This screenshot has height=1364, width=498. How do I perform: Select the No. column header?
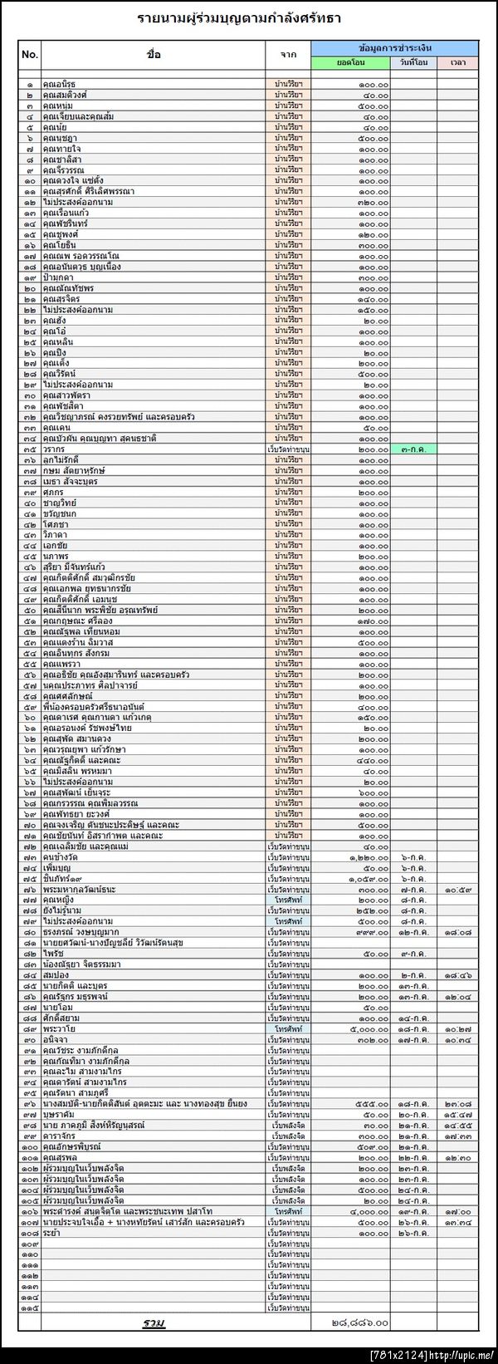(x=30, y=55)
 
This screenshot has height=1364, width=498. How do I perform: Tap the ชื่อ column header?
(x=154, y=55)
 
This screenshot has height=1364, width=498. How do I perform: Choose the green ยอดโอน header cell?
(x=350, y=62)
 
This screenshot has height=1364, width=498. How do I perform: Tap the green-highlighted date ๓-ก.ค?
(x=413, y=449)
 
